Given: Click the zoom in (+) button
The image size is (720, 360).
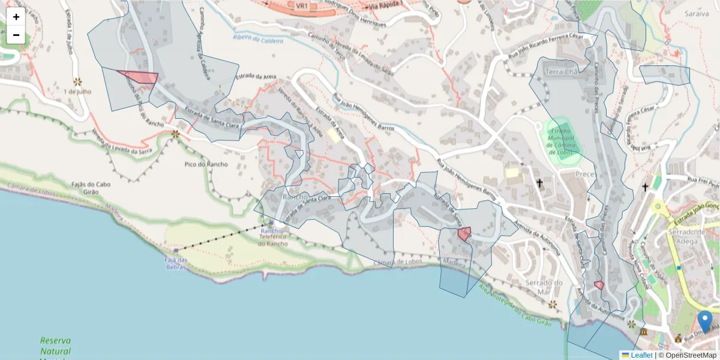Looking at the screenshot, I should [x=16, y=17].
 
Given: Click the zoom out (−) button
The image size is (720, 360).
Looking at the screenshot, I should [x=16, y=35].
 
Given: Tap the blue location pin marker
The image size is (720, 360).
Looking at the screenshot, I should [x=705, y=322].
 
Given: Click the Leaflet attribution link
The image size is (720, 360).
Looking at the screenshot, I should [x=641, y=355].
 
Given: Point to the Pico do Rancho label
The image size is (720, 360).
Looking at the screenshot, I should [x=206, y=164].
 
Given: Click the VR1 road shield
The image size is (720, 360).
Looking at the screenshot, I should [x=301, y=5].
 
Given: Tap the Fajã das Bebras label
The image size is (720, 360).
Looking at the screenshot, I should [x=176, y=263].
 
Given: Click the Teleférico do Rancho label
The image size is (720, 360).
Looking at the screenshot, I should [x=274, y=240].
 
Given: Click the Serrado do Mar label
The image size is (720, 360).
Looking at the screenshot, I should [x=544, y=287].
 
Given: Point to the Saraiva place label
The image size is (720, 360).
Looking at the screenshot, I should [x=698, y=13].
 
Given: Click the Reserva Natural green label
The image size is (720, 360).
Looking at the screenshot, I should [x=56, y=346].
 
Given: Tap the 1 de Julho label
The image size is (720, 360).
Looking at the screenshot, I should [x=77, y=92].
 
